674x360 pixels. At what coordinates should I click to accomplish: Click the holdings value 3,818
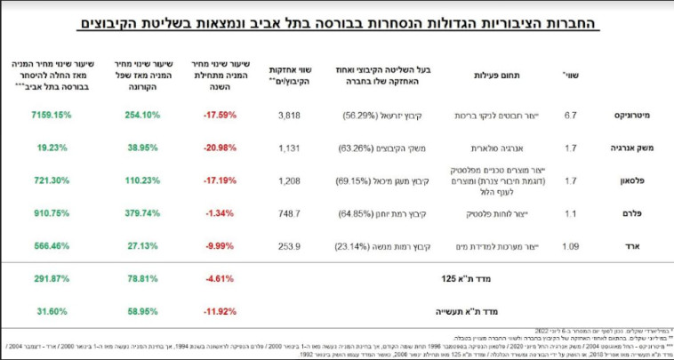[291, 116]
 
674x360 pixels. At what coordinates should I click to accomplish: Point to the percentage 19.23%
[52, 148]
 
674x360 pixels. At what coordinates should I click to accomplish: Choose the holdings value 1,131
[291, 148]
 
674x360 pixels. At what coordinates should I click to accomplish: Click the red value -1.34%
[221, 213]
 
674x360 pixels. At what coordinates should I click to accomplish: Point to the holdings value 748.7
[291, 213]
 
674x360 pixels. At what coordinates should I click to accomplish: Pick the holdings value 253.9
[291, 246]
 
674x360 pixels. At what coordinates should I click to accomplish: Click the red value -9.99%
[221, 246]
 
